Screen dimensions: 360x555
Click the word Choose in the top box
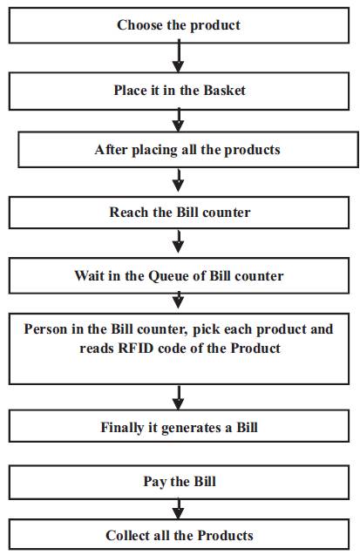pyautogui.click(x=140, y=25)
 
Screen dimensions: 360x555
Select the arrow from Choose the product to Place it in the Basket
pyautogui.click(x=179, y=56)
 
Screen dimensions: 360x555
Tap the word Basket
pyautogui.click(x=224, y=91)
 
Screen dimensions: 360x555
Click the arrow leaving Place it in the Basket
pyautogui.click(x=179, y=120)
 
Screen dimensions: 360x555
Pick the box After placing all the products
pyautogui.click(x=188, y=149)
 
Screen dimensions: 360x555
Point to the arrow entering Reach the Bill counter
pyautogui.click(x=179, y=180)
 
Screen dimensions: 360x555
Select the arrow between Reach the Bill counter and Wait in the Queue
pyautogui.click(x=179, y=241)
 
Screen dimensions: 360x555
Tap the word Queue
pyautogui.click(x=167, y=276)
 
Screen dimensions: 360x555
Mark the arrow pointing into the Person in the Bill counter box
pyautogui.click(x=179, y=300)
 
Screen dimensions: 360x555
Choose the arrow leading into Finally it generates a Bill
pyautogui.click(x=179, y=398)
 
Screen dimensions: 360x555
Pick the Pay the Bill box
pyautogui.click(x=179, y=482)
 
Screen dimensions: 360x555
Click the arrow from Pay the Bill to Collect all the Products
pyautogui.click(x=179, y=509)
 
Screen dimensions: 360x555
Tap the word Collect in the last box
pyautogui.click(x=126, y=535)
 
